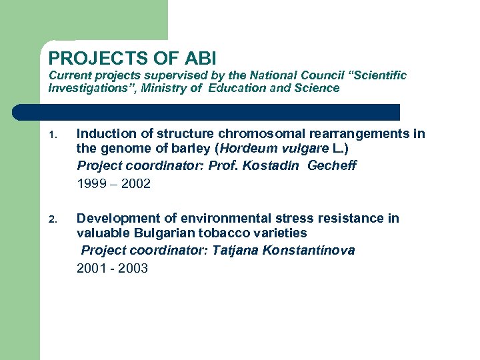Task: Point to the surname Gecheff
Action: pyautogui.click(x=331, y=165)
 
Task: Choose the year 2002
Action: pyautogui.click(x=136, y=183)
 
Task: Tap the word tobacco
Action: pyautogui.click(x=223, y=233)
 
